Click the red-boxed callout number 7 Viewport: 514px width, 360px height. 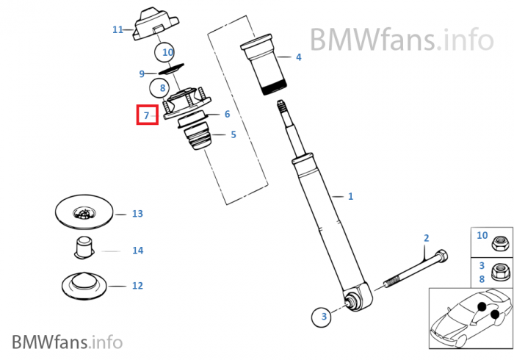147,115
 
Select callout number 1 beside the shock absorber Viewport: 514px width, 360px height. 350,196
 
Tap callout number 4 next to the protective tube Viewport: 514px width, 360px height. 298,57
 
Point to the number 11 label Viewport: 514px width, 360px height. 117,30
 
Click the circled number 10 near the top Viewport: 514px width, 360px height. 167,52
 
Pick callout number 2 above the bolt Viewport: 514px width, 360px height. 425,238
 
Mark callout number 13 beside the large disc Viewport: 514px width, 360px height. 137,214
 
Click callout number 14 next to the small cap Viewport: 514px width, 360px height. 137,251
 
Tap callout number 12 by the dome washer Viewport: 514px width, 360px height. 137,286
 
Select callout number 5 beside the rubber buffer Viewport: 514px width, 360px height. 233,134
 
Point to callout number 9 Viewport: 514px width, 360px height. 142,73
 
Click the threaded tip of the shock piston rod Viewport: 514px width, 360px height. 281,109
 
